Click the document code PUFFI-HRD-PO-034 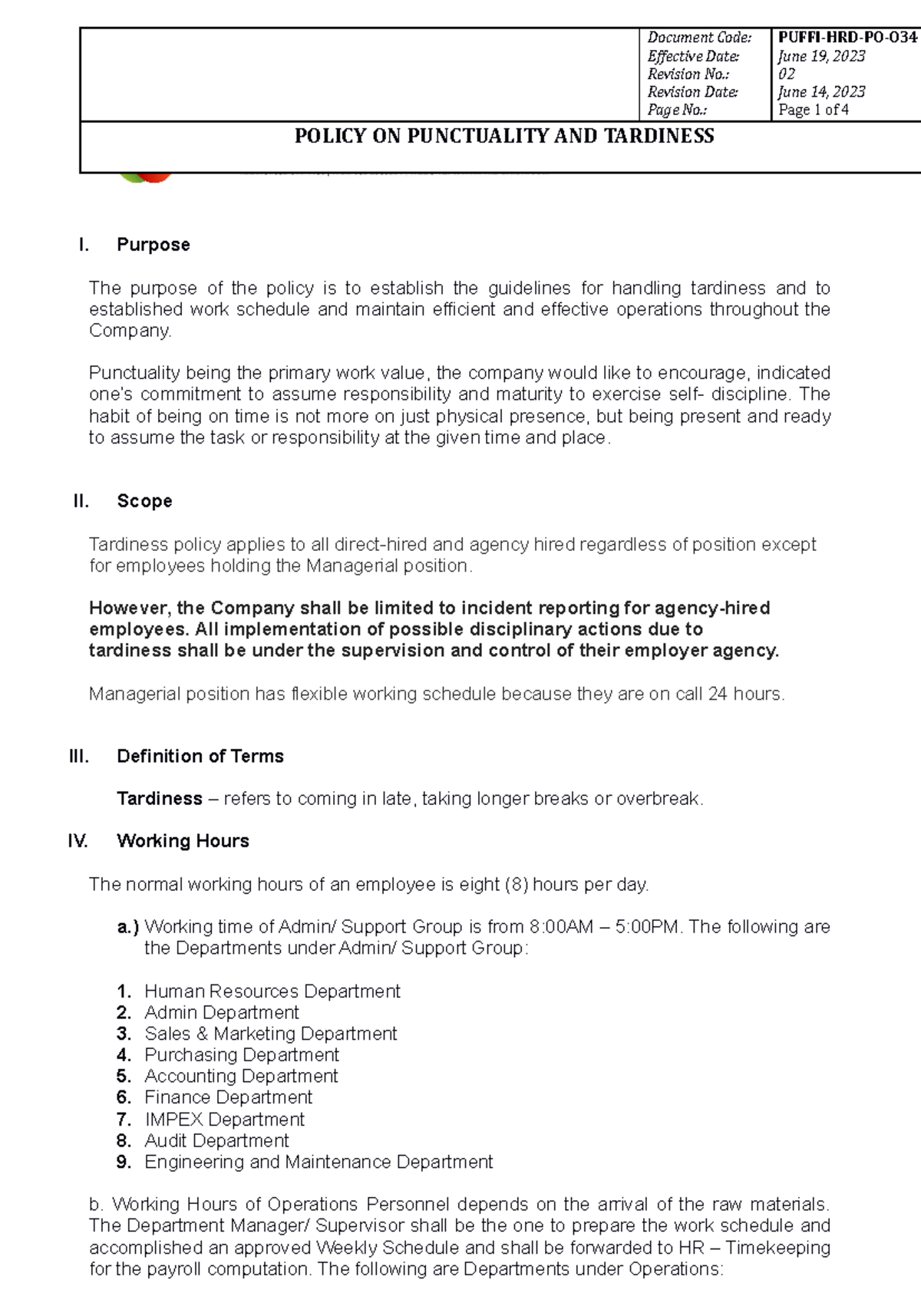click(x=847, y=37)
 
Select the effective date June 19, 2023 click(x=821, y=56)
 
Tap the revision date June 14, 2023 click(x=821, y=91)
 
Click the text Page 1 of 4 click(x=813, y=110)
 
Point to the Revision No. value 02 click(x=787, y=74)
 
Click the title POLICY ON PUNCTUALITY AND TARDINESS click(x=504, y=136)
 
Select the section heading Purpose click(x=153, y=245)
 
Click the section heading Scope click(x=144, y=501)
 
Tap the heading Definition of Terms click(x=200, y=756)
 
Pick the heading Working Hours click(x=183, y=841)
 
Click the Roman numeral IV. click(x=78, y=841)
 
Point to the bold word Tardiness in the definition click(x=159, y=799)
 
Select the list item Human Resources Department click(x=272, y=991)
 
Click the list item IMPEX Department click(x=224, y=1120)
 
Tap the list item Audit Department click(x=216, y=1141)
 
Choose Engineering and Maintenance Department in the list click(x=318, y=1162)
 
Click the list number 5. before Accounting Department click(x=124, y=1077)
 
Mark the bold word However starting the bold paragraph click(x=127, y=609)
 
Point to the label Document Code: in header click(x=698, y=37)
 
